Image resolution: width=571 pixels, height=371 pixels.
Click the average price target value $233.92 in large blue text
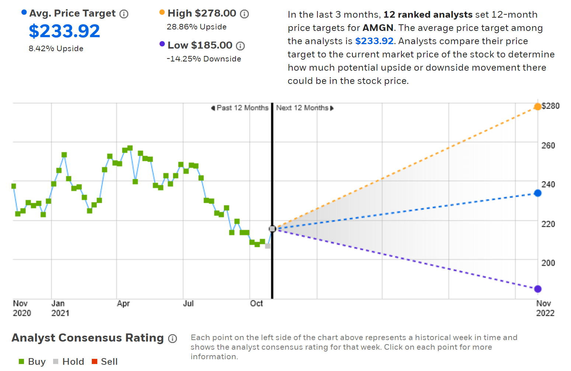pos(64,31)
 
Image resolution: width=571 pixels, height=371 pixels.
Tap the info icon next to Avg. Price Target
pos(124,14)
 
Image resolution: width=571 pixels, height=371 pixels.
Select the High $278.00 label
pos(202,13)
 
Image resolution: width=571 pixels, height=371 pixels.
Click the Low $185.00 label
pos(200,45)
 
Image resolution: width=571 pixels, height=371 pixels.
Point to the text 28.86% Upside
pos(196,27)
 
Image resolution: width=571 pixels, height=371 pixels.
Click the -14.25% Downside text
pos(204,59)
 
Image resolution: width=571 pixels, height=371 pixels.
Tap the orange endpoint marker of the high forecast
pos(537,107)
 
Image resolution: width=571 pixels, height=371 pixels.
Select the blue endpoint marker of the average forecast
pos(537,193)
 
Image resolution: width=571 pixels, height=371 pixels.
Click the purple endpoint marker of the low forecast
pos(537,289)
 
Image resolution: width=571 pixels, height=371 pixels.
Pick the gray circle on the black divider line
pos(272,229)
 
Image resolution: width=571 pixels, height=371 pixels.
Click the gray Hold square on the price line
pos(268,246)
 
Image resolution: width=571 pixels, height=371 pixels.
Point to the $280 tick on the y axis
pos(550,106)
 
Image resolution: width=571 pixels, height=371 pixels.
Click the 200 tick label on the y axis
pos(548,263)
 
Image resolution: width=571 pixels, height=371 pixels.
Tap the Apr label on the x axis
pos(123,304)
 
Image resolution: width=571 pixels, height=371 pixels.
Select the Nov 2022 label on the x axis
pos(545,308)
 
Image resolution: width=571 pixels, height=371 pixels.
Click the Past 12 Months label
pos(242,108)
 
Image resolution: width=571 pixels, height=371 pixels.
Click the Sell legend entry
pos(105,361)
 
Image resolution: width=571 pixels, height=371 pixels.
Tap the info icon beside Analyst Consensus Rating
pos(173,339)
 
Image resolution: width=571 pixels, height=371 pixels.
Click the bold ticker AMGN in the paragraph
pos(378,28)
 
